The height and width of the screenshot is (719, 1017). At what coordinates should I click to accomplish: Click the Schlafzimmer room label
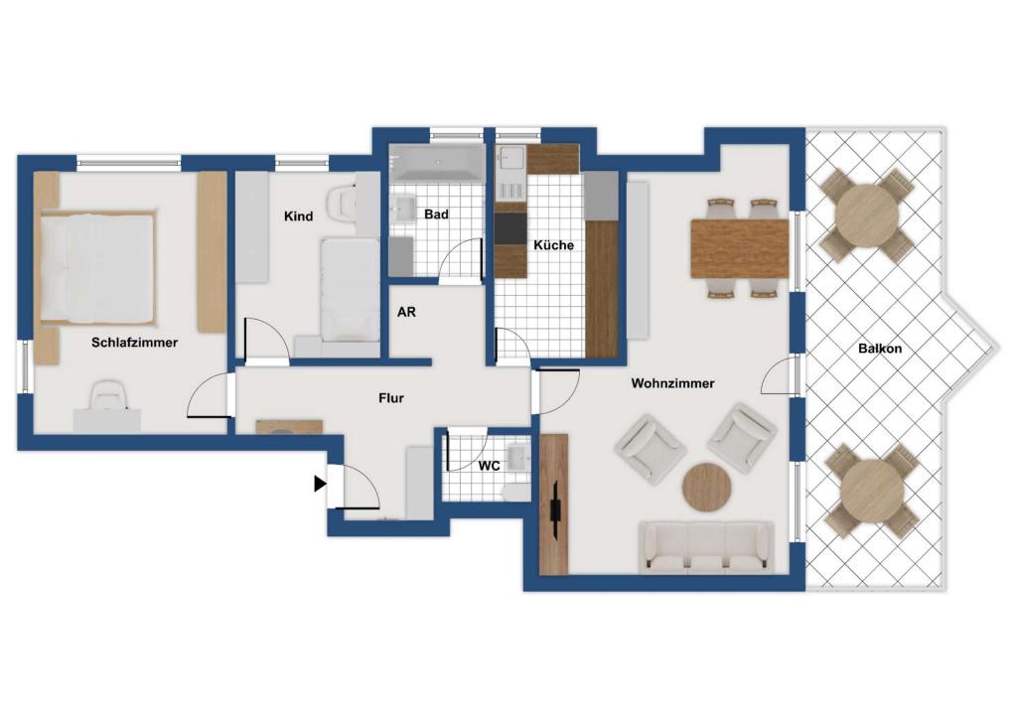134,343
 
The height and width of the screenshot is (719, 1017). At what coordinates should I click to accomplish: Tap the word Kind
298,216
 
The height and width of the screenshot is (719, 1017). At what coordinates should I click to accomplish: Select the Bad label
436,214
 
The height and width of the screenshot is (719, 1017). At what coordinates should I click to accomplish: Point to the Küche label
553,245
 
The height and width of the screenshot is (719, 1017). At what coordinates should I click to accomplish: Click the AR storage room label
406,312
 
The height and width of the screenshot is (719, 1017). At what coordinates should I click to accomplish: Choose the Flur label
391,398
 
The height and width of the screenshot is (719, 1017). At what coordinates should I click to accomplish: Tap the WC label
489,466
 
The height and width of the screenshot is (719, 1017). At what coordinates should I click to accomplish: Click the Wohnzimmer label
672,383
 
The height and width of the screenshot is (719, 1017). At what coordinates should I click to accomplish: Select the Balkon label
880,349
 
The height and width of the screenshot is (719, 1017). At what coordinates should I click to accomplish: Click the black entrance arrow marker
320,484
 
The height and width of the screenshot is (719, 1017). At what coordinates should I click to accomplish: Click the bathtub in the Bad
437,162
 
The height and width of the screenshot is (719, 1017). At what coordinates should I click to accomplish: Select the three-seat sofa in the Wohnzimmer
706,548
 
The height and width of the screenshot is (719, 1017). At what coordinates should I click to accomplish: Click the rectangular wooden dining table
739,248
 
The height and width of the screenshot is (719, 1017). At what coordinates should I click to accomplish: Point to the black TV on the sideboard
556,508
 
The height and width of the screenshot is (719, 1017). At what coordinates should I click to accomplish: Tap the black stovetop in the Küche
510,228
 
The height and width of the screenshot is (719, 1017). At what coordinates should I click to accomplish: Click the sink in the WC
518,457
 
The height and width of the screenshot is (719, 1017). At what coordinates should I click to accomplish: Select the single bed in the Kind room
351,289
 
